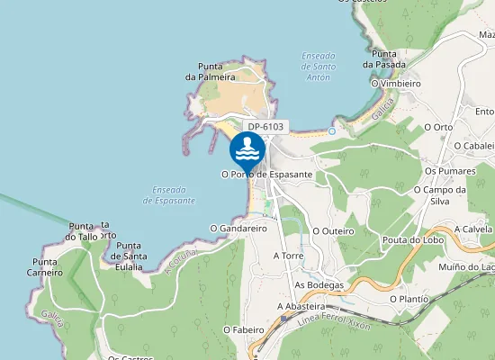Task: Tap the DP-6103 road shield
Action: [x=265, y=127]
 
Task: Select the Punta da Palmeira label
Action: [x=204, y=71]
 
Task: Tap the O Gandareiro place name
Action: [x=238, y=229]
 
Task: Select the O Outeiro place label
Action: [x=333, y=231]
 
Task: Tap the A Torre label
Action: [x=289, y=256]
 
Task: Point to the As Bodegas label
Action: [x=319, y=285]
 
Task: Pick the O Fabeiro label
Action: [x=241, y=330]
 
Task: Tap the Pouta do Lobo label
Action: [x=409, y=239]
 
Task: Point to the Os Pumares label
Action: [x=448, y=170]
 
